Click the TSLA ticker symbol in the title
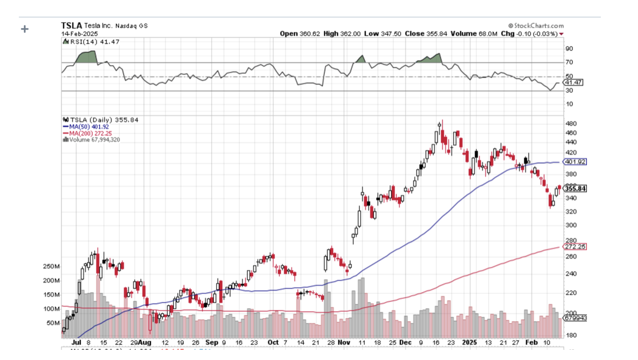coord(71,25)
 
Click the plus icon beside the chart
coord(24,29)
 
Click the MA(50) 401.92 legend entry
coord(86,127)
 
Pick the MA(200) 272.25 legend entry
coord(88,133)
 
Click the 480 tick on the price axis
coord(570,123)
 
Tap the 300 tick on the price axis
coord(570,225)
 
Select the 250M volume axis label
coord(51,267)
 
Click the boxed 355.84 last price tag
coord(574,189)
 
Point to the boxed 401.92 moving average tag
coord(574,162)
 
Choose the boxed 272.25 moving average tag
coord(574,246)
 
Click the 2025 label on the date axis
coord(470,342)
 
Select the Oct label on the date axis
coord(273,342)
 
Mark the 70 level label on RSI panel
coord(569,63)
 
